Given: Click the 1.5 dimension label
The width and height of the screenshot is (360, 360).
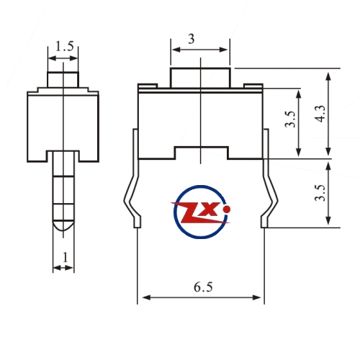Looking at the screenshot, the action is click(64, 46).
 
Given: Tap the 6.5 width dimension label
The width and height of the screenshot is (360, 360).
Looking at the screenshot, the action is click(203, 287).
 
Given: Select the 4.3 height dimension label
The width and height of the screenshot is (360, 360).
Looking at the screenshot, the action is click(321, 114).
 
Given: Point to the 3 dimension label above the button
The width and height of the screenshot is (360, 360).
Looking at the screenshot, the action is click(192, 39).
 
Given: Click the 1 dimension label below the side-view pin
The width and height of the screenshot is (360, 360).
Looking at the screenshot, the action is click(65, 257).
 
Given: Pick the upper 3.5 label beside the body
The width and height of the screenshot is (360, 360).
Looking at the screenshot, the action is click(291, 119).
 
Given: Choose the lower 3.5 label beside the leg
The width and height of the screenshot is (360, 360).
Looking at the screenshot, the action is click(321, 193).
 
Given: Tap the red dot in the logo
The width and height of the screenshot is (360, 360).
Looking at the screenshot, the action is click(226, 210).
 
